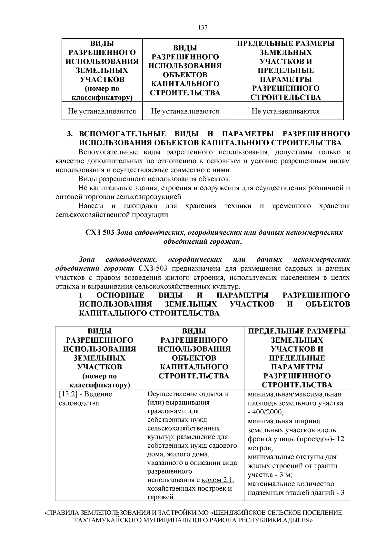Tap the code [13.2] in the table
pyautogui.click(x=69, y=394)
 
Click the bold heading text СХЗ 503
pyautogui.click(x=99, y=233)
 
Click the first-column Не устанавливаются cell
pyautogui.click(x=102, y=112)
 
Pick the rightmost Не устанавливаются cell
pyautogui.click(x=285, y=112)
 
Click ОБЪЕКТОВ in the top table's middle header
pyautogui.click(x=185, y=75)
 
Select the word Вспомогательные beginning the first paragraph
pyautogui.click(x=105, y=152)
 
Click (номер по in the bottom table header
pyautogui.click(x=100, y=376)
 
